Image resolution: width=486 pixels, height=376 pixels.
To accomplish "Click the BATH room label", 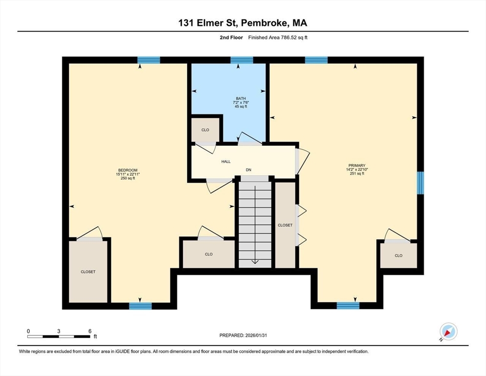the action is click(241, 98).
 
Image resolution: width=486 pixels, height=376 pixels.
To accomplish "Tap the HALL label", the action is click(226, 162).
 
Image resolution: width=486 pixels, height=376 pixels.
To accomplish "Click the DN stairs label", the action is click(248, 170).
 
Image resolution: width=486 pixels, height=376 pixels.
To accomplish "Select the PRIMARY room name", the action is click(357, 165).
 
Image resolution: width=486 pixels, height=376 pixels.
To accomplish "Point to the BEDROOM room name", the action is click(128, 170).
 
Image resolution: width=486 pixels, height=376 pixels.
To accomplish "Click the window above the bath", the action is click(242, 60).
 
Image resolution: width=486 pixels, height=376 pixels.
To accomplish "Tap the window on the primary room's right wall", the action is click(420, 183).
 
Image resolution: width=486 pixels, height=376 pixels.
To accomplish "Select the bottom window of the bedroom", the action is click(140, 306).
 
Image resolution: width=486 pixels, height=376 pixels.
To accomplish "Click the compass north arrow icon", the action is click(448, 332).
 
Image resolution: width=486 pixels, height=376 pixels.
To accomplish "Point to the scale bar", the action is click(59, 336).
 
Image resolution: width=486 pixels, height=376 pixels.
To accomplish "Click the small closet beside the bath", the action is click(205, 130).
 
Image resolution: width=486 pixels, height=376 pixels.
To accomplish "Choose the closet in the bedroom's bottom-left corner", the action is click(88, 272).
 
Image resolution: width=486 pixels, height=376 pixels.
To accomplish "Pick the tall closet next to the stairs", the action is click(285, 225).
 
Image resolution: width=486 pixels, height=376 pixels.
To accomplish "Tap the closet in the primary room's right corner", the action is click(398, 256).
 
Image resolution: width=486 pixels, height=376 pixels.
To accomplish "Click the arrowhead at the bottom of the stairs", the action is click(255, 262).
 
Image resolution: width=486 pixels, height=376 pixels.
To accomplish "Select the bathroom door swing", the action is click(250, 139).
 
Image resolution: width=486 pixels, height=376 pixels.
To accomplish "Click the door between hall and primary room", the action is click(302, 162).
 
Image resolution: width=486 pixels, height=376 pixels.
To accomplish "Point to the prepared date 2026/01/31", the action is click(256, 335).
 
